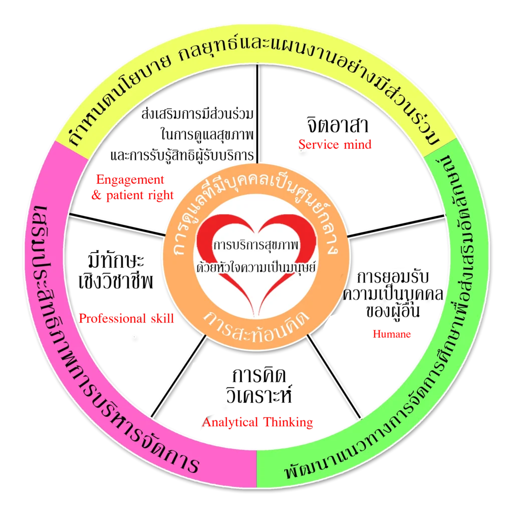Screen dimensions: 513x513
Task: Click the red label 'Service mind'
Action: coord(335,145)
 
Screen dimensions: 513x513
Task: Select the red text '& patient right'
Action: coord(133,195)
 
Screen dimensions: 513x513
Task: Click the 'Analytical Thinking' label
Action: coord(258,422)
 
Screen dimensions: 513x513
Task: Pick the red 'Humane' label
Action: coord(392,334)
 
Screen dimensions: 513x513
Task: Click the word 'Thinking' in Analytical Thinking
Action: coord(288,422)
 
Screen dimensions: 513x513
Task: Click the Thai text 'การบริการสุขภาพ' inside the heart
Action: coord(256,246)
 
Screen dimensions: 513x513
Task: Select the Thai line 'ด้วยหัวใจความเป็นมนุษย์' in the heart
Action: coord(256,268)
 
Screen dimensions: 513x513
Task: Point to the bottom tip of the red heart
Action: coord(256,316)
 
